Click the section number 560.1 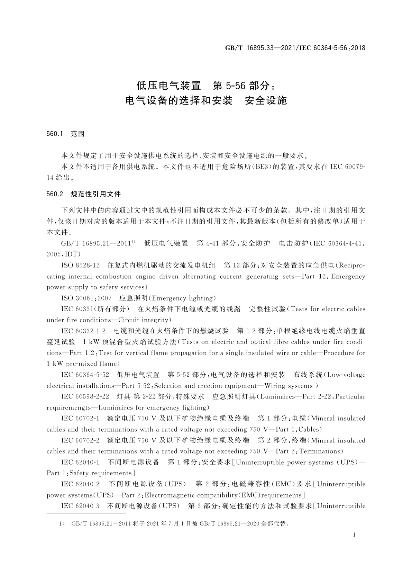(54, 134)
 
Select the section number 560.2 (55, 194)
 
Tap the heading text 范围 (77, 134)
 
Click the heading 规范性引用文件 (96, 194)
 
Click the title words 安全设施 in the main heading (266, 100)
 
